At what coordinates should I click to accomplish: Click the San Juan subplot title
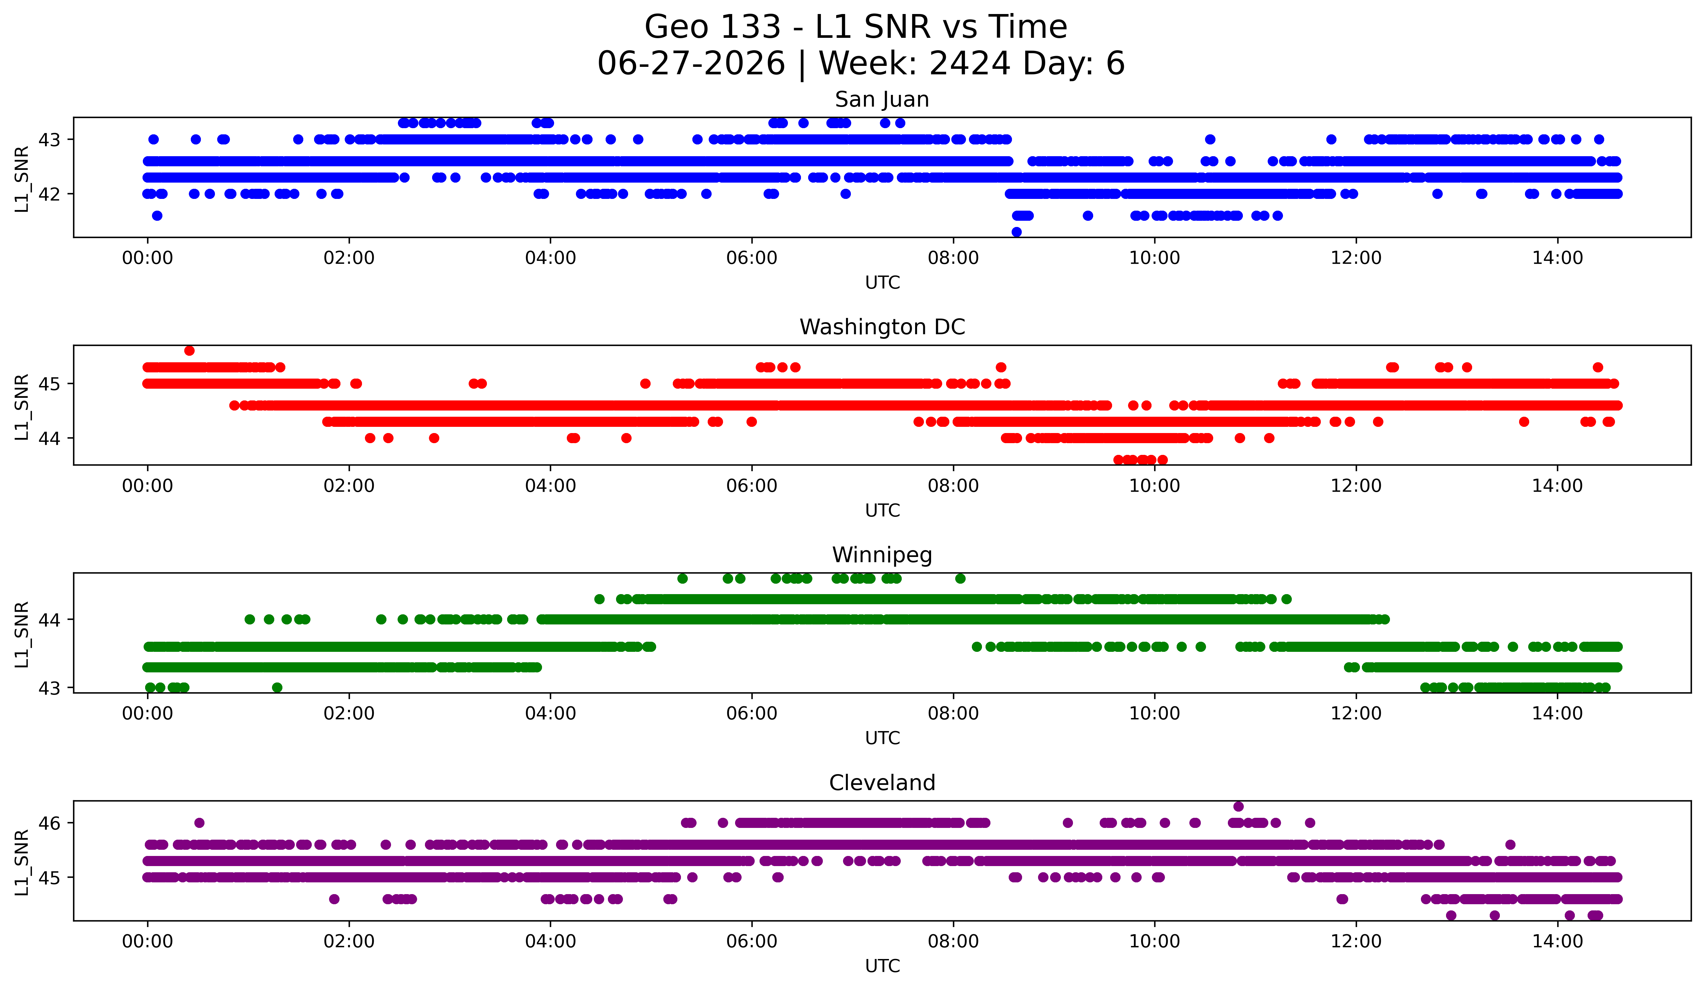point(882,99)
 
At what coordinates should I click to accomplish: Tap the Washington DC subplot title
point(882,327)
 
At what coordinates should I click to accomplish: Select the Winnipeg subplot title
point(882,555)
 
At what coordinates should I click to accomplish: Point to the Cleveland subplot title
point(882,783)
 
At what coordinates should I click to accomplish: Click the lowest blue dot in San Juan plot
point(1016,232)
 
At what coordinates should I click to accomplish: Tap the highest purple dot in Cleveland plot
point(1238,806)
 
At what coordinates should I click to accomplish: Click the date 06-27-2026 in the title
point(691,64)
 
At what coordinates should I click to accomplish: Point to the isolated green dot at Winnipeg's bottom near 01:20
point(277,687)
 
